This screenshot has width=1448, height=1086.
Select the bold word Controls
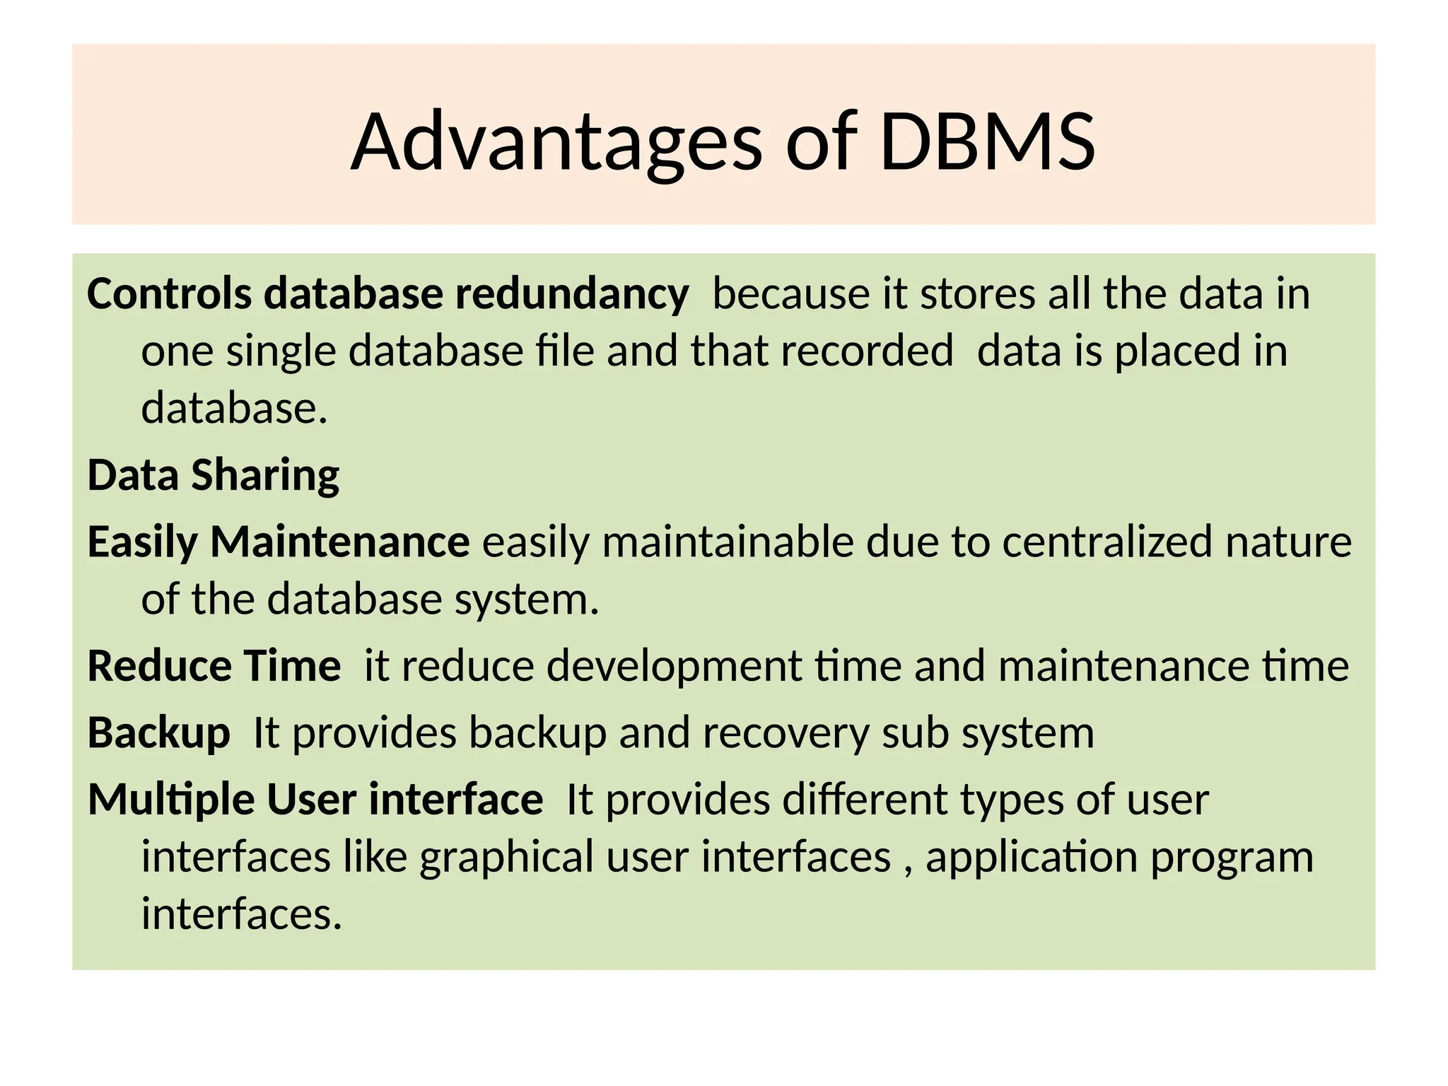pyautogui.click(x=169, y=293)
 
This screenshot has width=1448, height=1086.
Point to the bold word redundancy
pyautogui.click(x=571, y=295)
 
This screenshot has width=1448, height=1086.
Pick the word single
pyautogui.click(x=281, y=352)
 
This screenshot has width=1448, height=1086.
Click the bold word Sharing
pyautogui.click(x=265, y=476)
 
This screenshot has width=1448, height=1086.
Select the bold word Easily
pyautogui.click(x=142, y=543)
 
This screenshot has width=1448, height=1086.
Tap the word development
pyautogui.click(x=674, y=667)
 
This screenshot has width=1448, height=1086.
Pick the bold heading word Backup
pyautogui.click(x=158, y=733)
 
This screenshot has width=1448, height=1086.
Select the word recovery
pyautogui.click(x=786, y=734)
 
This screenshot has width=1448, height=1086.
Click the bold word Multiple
pyautogui.click(x=171, y=800)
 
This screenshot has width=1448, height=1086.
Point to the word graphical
pyautogui.click(x=507, y=858)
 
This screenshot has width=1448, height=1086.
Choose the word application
pyautogui.click(x=1031, y=858)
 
